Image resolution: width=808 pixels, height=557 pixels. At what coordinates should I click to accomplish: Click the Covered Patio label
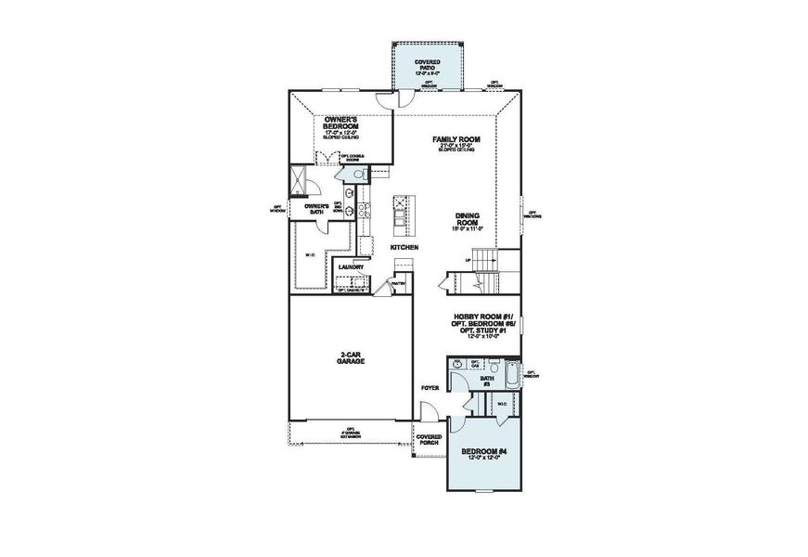(x=428, y=65)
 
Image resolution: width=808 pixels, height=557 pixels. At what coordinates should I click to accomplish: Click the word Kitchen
(x=403, y=248)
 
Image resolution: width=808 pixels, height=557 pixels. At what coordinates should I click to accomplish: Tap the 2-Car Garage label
(x=350, y=358)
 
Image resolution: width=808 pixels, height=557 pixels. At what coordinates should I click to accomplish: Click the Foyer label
(x=429, y=388)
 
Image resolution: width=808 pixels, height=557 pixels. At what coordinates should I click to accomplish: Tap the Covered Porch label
(x=429, y=440)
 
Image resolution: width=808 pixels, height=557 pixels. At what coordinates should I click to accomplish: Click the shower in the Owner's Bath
(x=299, y=179)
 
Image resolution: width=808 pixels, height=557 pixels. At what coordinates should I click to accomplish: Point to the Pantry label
(x=399, y=283)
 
